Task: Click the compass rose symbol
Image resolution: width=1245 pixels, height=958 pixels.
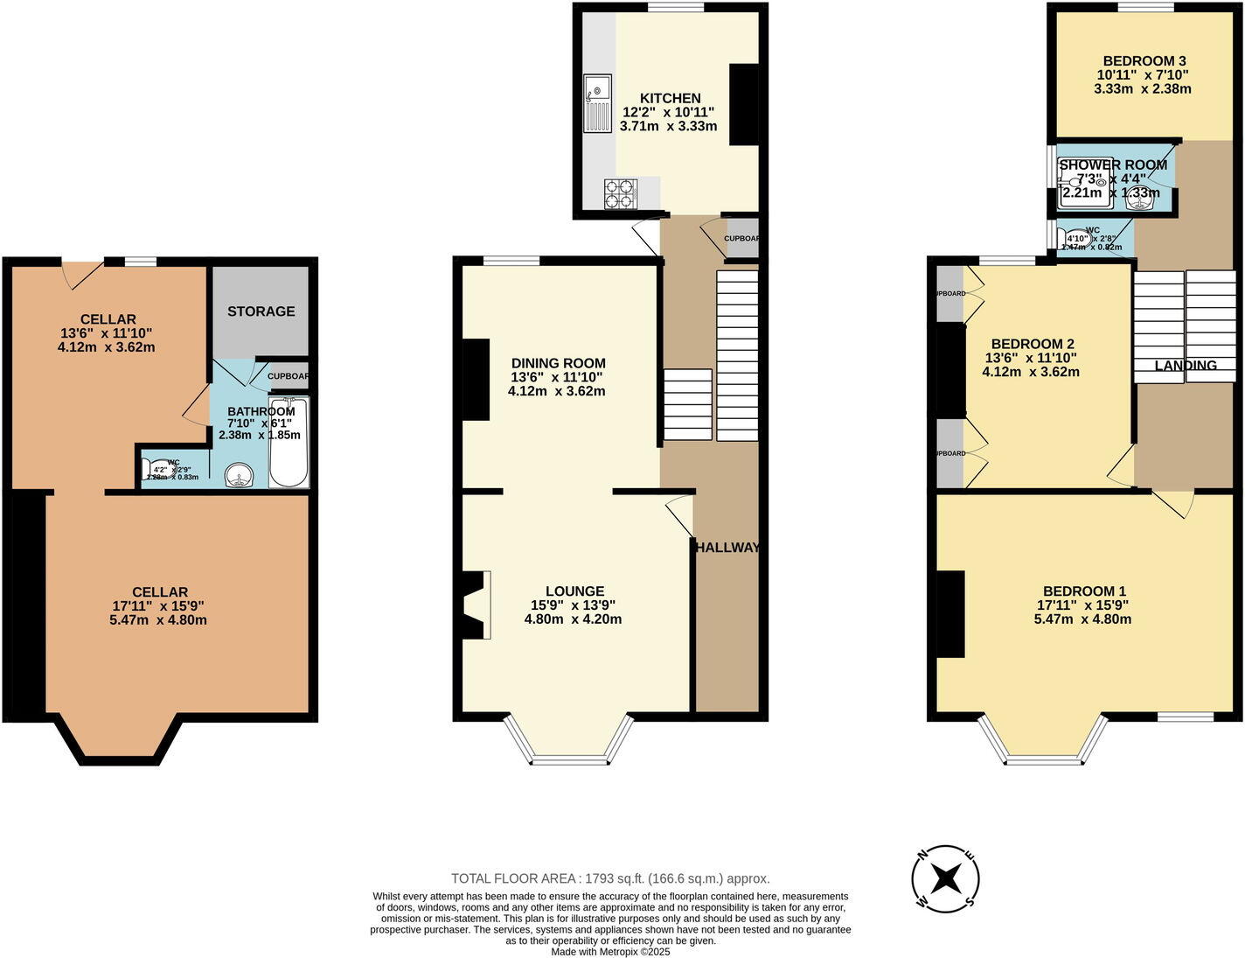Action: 945,878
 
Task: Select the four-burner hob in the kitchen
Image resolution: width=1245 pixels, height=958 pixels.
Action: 621,193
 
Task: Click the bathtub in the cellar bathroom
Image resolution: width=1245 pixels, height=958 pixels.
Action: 289,444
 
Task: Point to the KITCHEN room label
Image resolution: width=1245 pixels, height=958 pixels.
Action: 670,98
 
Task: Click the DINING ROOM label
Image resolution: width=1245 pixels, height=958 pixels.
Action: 558,363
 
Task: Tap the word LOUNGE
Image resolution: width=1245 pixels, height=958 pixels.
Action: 574,591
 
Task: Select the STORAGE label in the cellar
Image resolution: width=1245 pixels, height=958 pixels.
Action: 261,311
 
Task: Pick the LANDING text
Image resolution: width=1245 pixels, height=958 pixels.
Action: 1186,366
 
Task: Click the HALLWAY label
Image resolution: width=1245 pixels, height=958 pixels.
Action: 727,548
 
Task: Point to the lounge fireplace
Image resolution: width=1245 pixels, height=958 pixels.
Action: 476,605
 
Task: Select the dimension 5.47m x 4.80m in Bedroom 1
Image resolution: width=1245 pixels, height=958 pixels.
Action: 1082,619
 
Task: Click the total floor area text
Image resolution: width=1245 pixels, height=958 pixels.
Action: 610,878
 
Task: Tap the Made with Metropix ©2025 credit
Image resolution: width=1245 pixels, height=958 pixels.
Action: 610,951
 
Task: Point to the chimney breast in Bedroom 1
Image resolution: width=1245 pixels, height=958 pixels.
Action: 951,613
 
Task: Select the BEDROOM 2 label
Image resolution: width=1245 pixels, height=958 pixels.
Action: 1032,344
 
